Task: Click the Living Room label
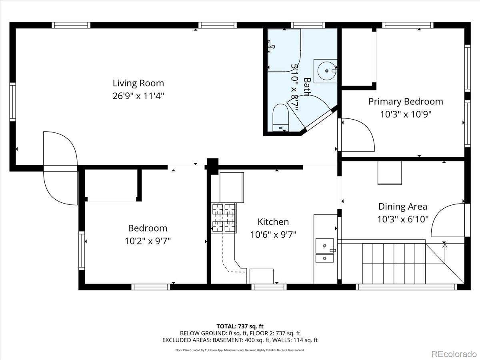[x=138, y=83]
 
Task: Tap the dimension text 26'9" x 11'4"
[x=138, y=96]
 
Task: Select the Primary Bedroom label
[x=406, y=102]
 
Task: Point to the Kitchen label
[x=273, y=222]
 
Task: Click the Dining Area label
[x=402, y=206]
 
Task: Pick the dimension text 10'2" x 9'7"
[x=148, y=241]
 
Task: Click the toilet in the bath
[x=281, y=118]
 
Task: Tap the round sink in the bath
[x=326, y=71]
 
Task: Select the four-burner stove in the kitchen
[x=224, y=218]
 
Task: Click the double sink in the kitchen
[x=325, y=250]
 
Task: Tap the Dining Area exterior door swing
[x=448, y=220]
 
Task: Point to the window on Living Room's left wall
[x=13, y=102]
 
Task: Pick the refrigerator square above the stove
[x=232, y=188]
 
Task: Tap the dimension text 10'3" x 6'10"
[x=402, y=219]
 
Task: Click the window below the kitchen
[x=269, y=287]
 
